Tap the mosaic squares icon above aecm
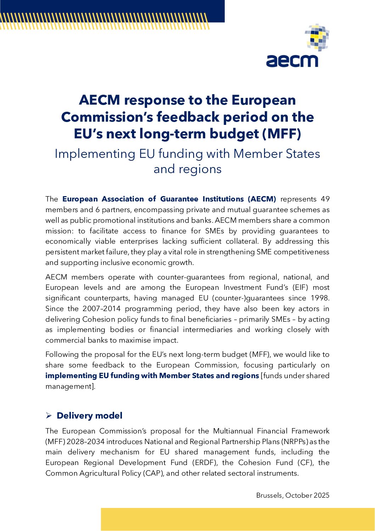pyautogui.click(x=317, y=38)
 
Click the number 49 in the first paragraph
pyautogui.click(x=325, y=199)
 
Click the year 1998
pyautogui.click(x=320, y=298)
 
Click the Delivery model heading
pyautogui.click(x=89, y=416)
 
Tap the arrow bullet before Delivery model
pyautogui.click(x=49, y=416)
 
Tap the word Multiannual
pyautogui.click(x=232, y=431)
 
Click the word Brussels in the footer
pyautogui.click(x=269, y=495)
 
